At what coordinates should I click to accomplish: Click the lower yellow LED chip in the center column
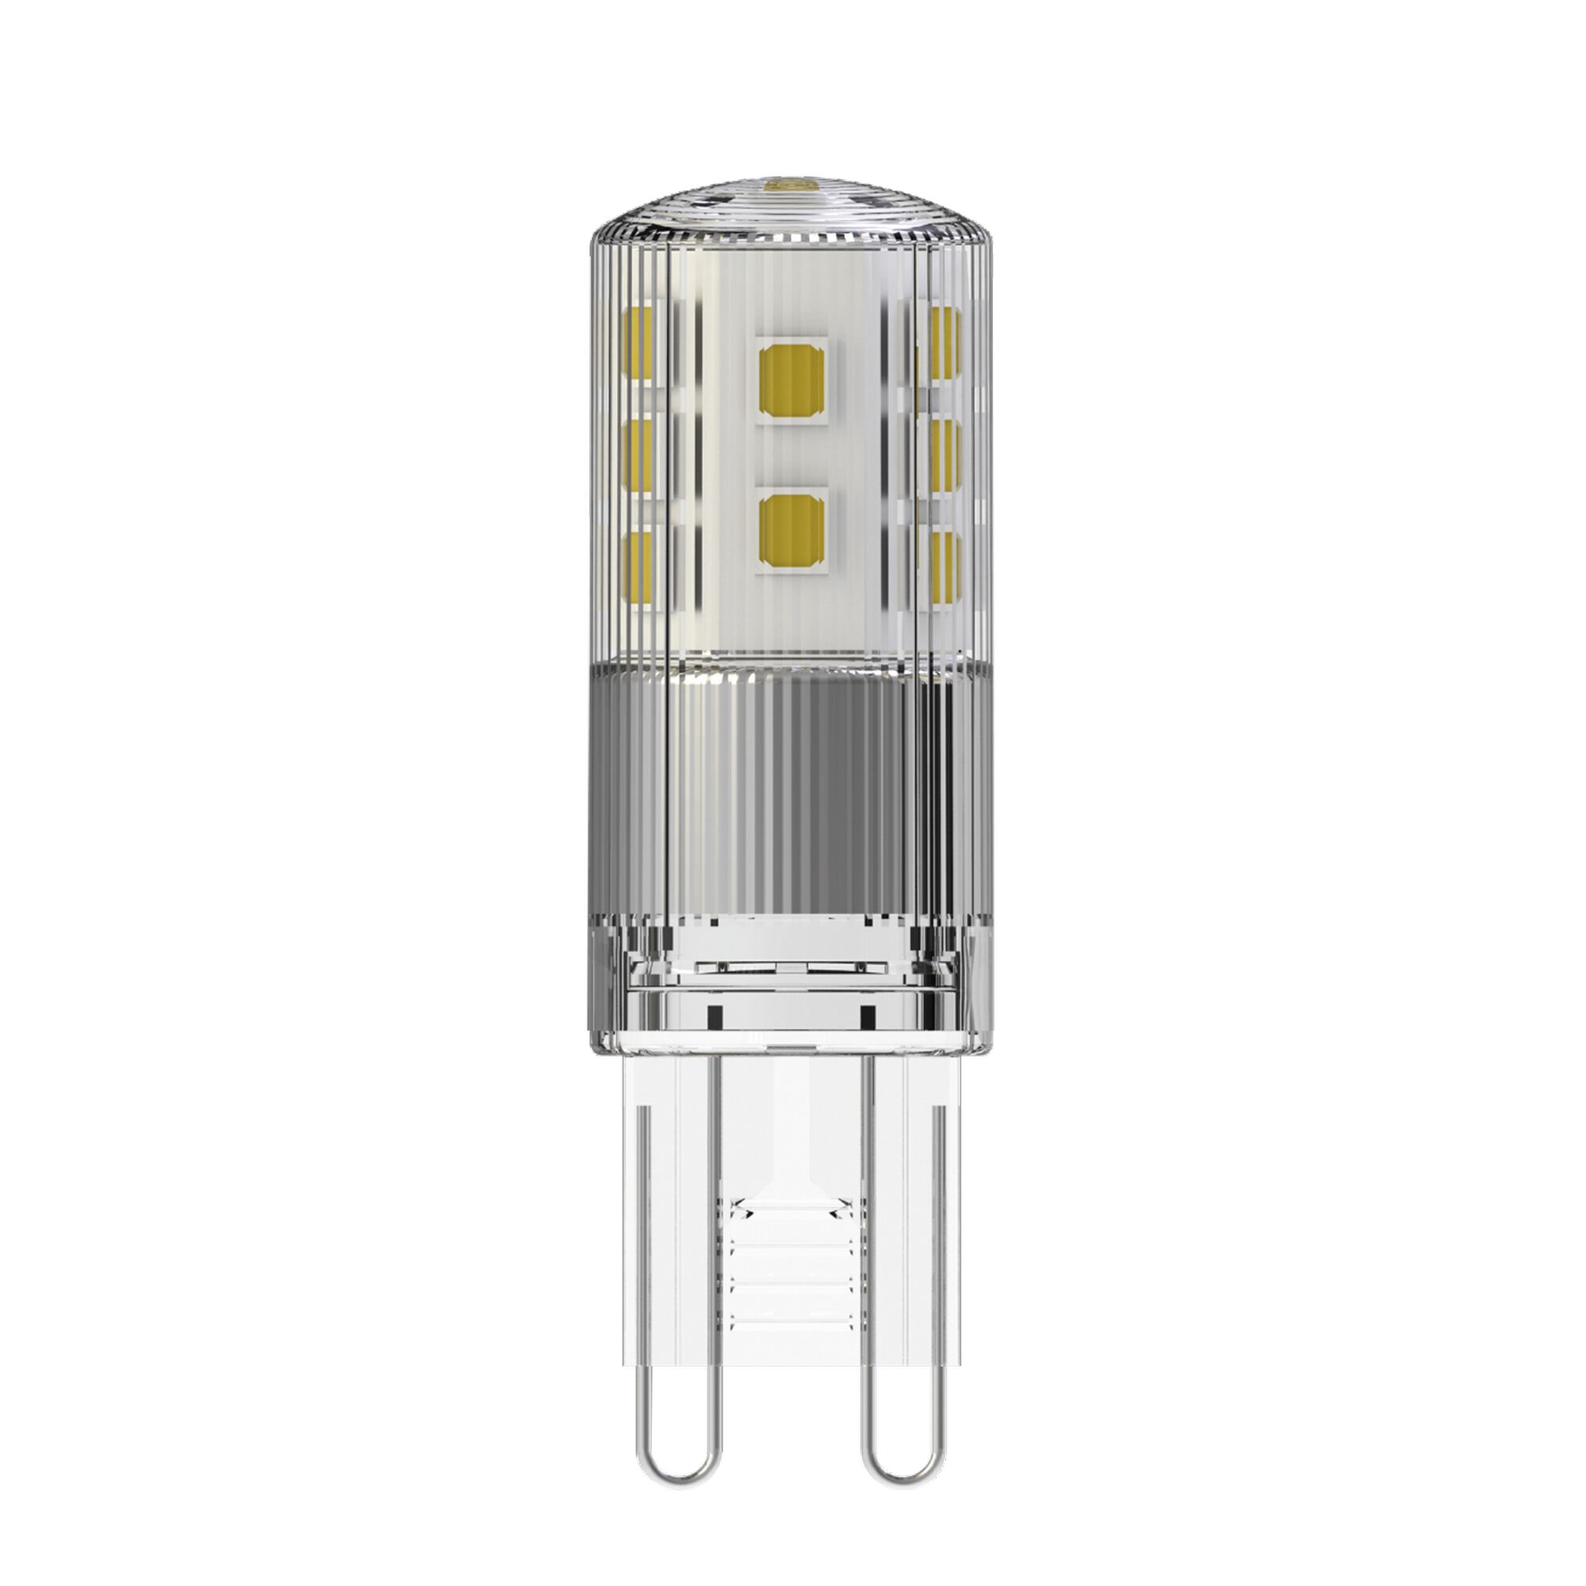[791, 531]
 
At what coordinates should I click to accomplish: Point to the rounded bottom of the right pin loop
[908, 1449]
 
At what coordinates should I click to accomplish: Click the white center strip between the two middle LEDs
[791, 457]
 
